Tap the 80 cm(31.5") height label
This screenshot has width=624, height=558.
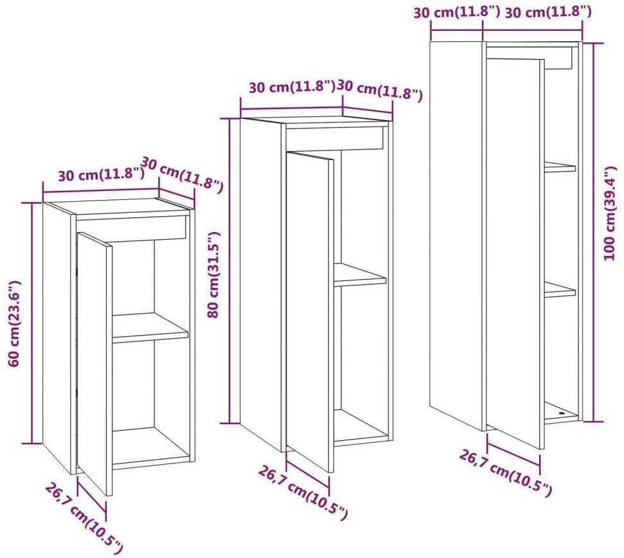215,274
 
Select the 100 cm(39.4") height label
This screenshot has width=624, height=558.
610,213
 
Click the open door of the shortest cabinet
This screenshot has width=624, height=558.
94,363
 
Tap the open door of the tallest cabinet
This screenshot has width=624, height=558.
515,251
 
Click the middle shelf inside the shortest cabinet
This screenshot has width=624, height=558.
150,328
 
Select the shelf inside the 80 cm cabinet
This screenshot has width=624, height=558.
359,276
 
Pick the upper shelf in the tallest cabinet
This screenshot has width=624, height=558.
560,167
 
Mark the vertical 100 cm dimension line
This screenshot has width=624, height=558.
593,231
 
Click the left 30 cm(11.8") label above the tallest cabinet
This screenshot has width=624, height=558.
456,12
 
